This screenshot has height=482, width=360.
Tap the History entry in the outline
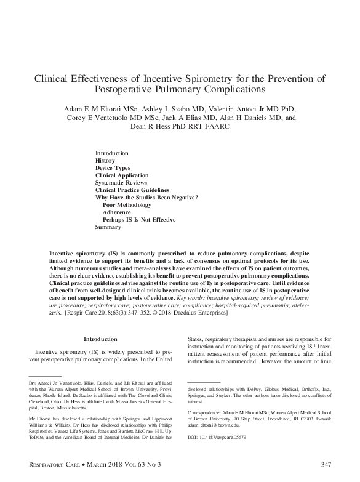105,161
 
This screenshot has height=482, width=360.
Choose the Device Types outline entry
113,168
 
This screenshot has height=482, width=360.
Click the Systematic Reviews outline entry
121,183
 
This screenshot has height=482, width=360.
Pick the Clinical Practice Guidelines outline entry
132,190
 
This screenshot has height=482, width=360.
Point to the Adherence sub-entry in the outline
116,212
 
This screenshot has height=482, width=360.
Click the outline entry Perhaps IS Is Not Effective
139,220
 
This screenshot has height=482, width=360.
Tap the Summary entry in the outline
108,227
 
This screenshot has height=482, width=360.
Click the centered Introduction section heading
100,339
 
